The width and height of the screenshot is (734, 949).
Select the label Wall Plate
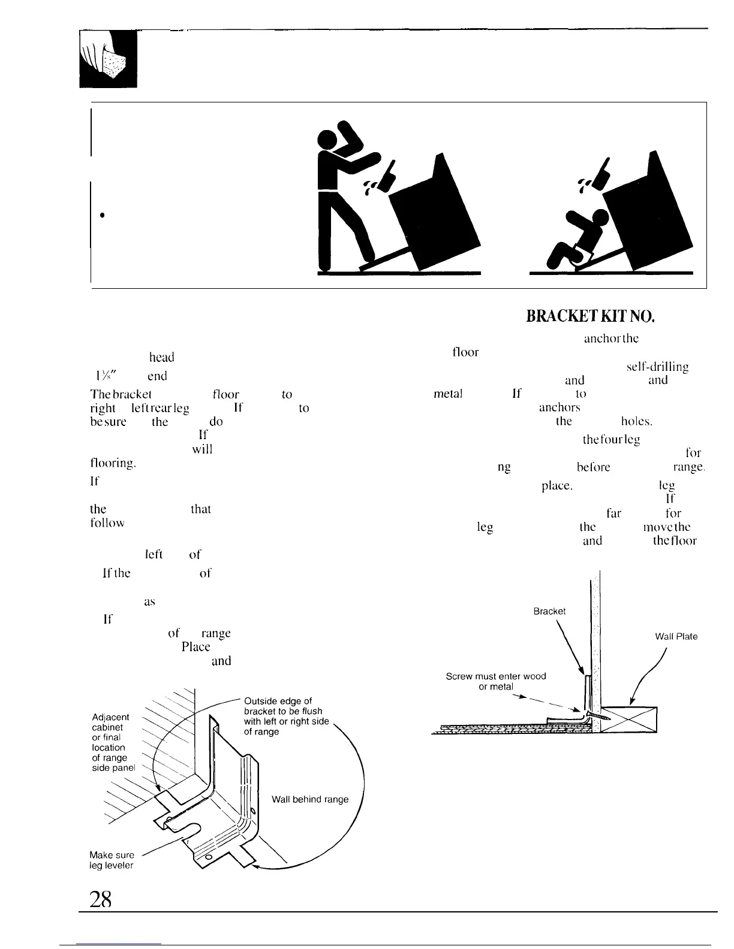point(676,636)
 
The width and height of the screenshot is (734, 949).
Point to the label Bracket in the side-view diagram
point(549,611)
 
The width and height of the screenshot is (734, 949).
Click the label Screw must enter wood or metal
point(496,681)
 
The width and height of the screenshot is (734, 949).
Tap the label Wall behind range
point(310,799)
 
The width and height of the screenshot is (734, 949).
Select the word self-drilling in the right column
point(657,367)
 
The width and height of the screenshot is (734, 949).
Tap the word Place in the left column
point(195,647)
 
